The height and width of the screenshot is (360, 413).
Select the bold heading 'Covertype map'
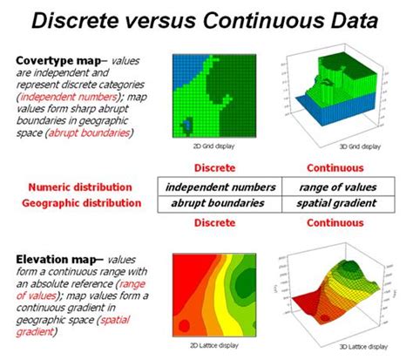point(56,61)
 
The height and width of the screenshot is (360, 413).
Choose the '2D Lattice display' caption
point(212,346)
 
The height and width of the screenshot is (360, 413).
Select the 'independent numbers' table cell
point(220,187)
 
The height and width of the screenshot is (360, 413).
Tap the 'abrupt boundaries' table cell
point(220,203)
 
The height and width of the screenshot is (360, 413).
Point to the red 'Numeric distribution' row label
point(80,187)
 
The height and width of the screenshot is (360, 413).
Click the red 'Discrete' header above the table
point(214,167)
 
